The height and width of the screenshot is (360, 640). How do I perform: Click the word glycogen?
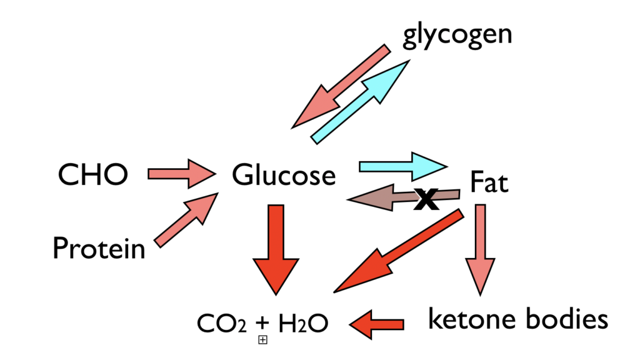457,35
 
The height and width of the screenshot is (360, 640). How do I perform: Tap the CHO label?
92,175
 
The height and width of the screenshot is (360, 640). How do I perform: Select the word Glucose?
284,176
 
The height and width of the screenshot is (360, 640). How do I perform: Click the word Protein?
99,249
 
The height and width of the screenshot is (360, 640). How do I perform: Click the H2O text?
299,324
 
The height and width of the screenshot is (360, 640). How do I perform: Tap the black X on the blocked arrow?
426,199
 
